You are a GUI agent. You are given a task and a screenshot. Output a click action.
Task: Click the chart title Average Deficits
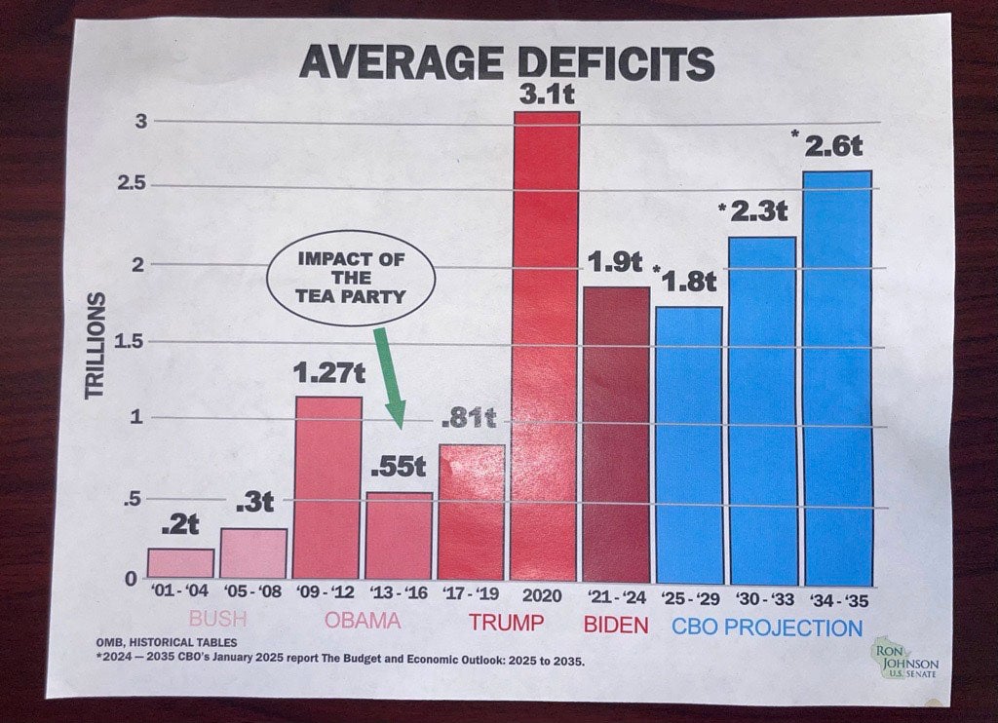tap(506, 63)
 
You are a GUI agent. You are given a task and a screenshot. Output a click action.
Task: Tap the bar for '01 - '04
tap(180, 563)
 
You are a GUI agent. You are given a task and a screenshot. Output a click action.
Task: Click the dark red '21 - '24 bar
tap(616, 434)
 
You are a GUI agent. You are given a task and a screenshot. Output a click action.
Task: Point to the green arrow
tap(388, 376)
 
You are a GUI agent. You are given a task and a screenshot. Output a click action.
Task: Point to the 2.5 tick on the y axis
tap(128, 185)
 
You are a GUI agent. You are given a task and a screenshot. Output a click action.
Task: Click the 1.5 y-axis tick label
tap(128, 341)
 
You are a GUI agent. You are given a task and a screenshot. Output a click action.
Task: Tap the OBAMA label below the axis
tap(362, 620)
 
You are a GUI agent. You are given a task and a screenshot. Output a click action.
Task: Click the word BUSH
tap(217, 619)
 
